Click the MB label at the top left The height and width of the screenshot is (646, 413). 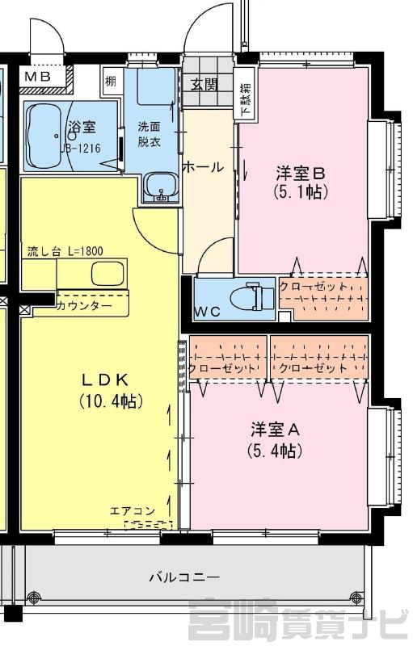pos(37,76)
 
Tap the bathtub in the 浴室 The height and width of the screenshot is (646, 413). pos(44,136)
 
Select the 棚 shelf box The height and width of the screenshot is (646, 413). pos(111,82)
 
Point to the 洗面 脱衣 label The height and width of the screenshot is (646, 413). pos(149,134)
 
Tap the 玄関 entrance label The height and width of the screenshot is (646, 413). pos(204,85)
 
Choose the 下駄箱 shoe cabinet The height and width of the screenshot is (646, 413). pos(245,99)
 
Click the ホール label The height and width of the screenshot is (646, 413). pos(203,167)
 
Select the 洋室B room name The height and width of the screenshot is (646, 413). pos(301,173)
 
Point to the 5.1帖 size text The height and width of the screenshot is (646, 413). pos(301,191)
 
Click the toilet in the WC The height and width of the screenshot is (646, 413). pos(251,297)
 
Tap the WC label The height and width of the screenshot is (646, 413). pos(208,313)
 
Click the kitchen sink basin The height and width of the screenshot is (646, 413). pos(107,274)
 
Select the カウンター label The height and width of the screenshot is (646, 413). pos(83,306)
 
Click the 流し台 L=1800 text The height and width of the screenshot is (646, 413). pos(65,251)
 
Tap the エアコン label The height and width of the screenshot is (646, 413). pos(133,511)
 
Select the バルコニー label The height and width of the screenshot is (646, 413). pos(184,577)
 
